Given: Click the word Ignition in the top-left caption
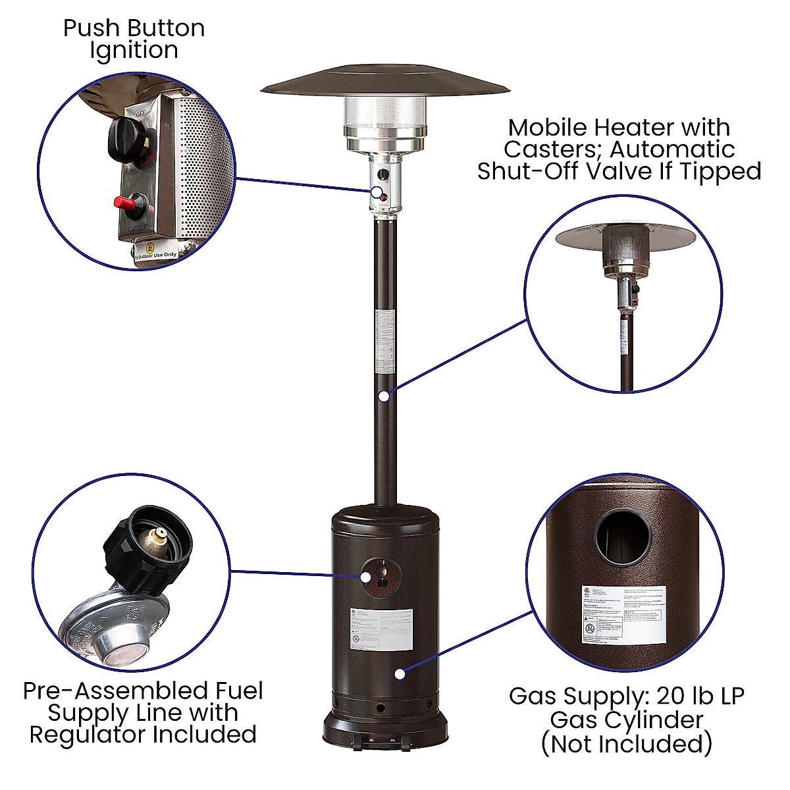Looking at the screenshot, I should pos(134,51).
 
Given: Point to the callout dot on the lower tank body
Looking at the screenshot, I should pos(399,673).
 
